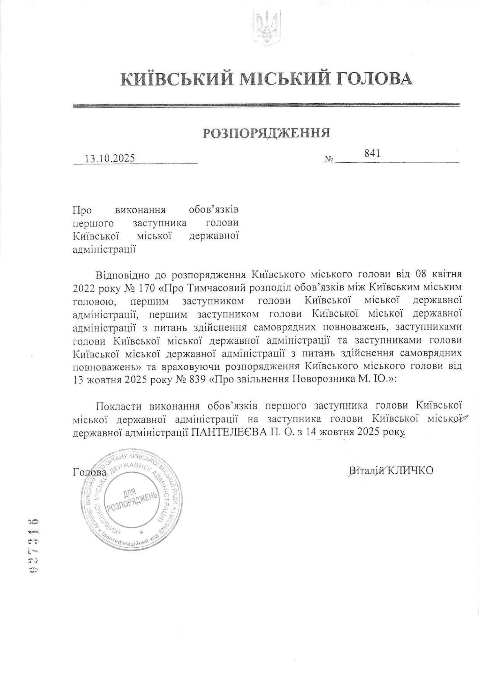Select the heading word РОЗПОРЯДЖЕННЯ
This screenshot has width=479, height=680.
pyautogui.click(x=266, y=133)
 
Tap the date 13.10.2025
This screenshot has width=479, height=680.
pyautogui.click(x=109, y=159)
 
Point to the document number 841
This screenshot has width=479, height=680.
pyautogui.click(x=372, y=154)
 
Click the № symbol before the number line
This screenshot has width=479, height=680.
pyautogui.click(x=329, y=159)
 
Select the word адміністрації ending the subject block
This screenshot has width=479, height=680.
pyautogui.click(x=104, y=249)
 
